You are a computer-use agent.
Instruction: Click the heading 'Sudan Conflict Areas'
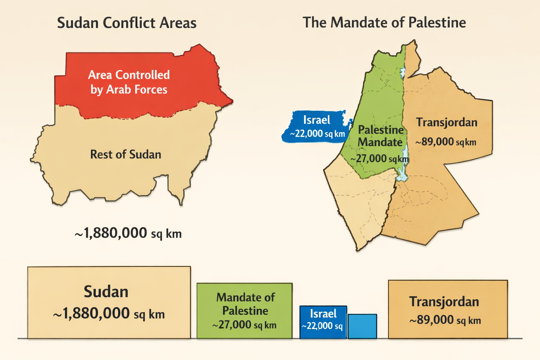tap(127, 23)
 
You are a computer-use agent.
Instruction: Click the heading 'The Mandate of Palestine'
tap(384, 23)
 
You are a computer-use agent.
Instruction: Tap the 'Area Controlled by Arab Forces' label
tap(129, 82)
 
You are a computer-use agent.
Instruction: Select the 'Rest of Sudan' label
tap(126, 154)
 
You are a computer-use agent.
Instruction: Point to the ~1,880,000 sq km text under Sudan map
tap(128, 233)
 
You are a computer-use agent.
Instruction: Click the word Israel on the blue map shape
tap(316, 120)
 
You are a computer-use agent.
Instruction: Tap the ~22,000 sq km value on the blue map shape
tap(317, 134)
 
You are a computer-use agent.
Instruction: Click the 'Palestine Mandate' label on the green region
tap(380, 136)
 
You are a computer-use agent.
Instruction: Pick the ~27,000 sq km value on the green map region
tap(379, 159)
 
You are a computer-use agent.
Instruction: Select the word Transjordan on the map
tap(446, 122)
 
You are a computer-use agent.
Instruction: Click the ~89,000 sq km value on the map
tap(445, 142)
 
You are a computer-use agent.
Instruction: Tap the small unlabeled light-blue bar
tap(362, 327)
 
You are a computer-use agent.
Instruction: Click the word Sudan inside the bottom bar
tap(106, 292)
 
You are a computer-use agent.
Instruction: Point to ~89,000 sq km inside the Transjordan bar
tap(445, 320)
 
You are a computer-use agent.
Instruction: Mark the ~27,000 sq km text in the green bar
tap(244, 325)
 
